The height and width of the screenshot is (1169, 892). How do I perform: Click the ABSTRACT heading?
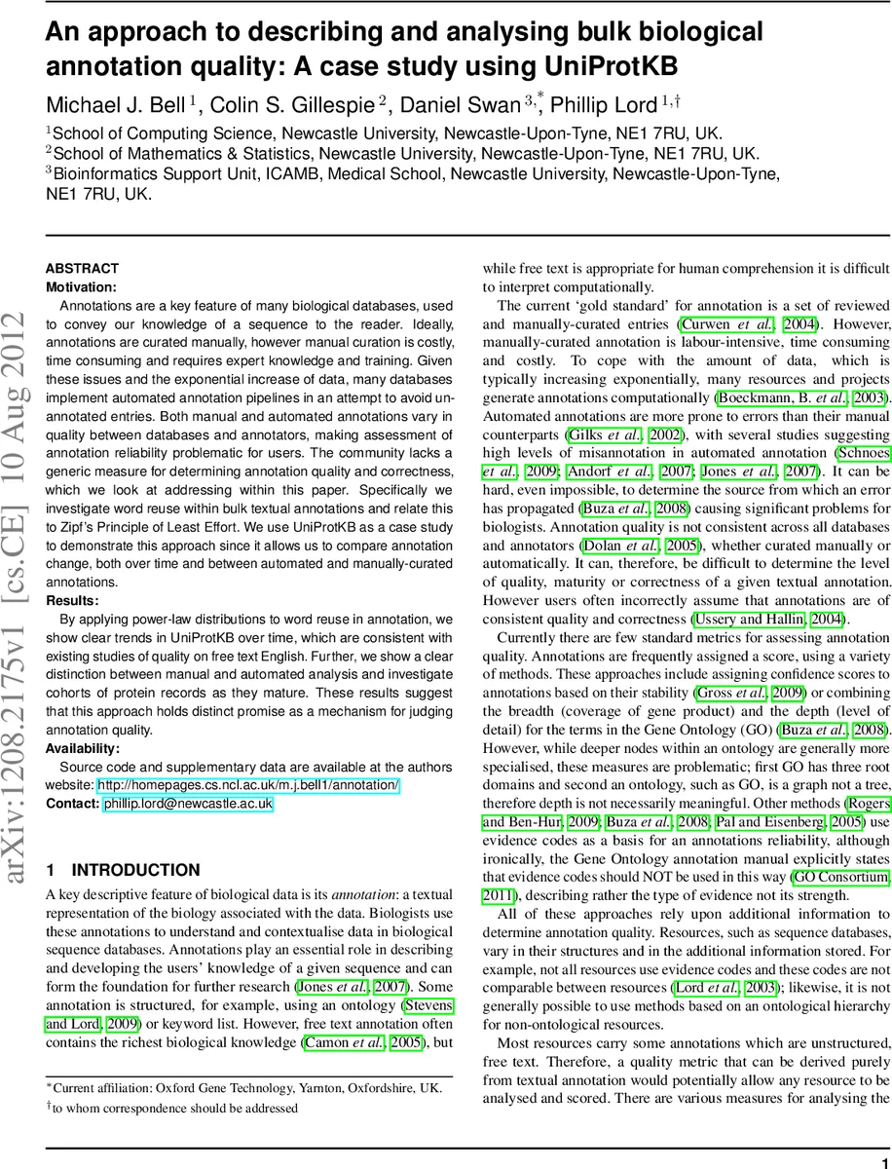pos(83,268)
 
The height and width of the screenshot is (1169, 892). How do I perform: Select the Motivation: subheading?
pos(82,286)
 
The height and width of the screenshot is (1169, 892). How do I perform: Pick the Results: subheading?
pos(73,601)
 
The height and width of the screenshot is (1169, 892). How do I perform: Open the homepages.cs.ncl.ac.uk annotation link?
pos(248,785)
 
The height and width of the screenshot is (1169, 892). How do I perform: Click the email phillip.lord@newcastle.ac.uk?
pos(187,804)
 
